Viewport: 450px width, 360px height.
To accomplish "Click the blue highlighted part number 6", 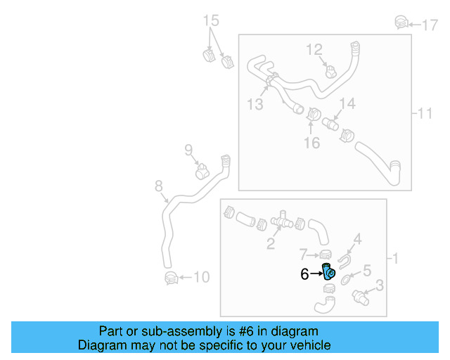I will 328,271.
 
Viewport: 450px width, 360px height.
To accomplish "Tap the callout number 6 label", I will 304,274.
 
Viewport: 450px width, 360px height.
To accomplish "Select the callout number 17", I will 430,25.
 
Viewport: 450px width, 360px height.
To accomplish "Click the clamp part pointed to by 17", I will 400,22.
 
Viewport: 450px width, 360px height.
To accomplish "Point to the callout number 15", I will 212,20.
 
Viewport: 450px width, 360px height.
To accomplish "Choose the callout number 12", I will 314,49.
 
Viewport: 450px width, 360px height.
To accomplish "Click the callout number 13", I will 255,104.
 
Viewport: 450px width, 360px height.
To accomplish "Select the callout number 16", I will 311,143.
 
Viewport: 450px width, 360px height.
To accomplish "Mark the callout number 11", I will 425,113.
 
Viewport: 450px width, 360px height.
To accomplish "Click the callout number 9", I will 188,149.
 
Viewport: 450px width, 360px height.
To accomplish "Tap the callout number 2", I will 270,245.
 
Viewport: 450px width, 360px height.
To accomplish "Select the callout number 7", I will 303,253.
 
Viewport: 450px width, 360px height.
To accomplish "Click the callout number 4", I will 357,239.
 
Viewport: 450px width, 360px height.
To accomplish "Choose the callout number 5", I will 366,270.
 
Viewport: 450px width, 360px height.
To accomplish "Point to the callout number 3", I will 379,285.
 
